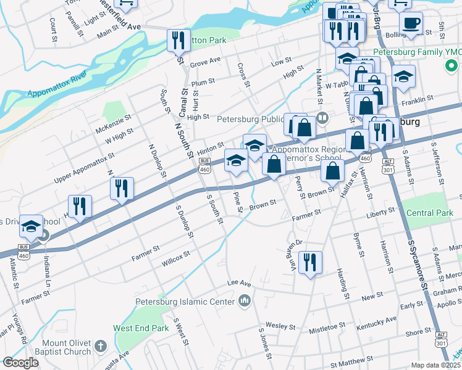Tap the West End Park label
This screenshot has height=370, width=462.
coord(140,329)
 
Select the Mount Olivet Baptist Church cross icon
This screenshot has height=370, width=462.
coord(100,348)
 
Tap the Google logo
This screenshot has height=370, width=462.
coord(20,363)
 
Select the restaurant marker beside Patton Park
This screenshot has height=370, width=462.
coord(178,41)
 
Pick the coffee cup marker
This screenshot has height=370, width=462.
coord(410,24)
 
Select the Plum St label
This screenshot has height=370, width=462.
coord(203,82)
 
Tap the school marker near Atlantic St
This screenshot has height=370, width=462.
coord(31,227)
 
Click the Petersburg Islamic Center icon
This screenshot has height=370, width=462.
coord(245,302)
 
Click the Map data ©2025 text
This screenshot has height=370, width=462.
coord(436,365)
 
